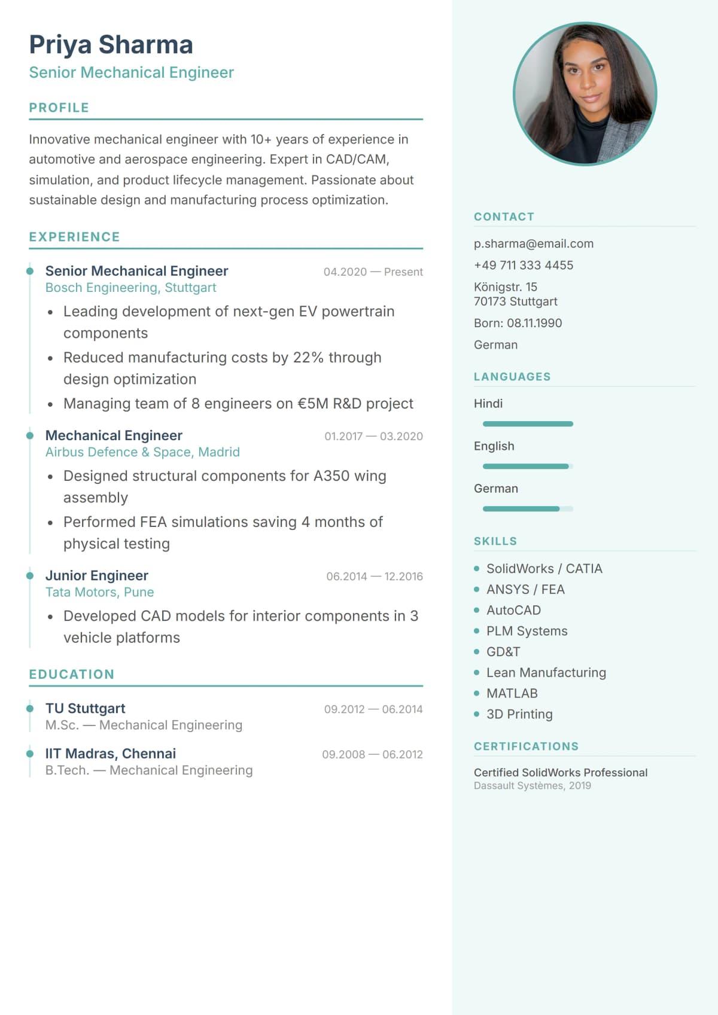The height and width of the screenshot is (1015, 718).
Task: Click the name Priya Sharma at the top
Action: [111, 45]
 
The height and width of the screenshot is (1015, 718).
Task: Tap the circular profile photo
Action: [585, 94]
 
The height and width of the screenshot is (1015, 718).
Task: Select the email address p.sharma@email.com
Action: [533, 243]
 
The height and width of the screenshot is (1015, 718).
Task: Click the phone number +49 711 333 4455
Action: [523, 265]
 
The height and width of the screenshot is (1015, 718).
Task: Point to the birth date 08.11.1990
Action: [534, 323]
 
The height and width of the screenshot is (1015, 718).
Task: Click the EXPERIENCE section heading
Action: [74, 237]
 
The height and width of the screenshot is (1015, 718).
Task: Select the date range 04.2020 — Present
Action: [373, 272]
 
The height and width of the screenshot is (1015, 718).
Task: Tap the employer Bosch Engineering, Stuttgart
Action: [130, 288]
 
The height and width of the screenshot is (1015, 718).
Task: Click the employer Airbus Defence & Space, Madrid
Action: [142, 452]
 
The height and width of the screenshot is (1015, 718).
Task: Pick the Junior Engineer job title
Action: [96, 575]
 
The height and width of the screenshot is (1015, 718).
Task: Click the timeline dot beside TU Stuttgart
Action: [30, 709]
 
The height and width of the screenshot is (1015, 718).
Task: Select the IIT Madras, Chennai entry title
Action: [110, 754]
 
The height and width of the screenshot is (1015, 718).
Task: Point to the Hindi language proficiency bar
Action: [528, 424]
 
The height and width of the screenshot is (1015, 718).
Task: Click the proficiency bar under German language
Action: [528, 509]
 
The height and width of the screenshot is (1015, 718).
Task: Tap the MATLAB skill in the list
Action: [512, 693]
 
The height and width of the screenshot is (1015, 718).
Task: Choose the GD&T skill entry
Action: [503, 652]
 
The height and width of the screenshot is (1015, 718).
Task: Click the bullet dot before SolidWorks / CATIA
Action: [477, 569]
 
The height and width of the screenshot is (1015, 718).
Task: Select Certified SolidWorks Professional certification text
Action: [560, 772]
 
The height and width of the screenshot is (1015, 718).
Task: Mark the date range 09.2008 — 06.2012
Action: [372, 755]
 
